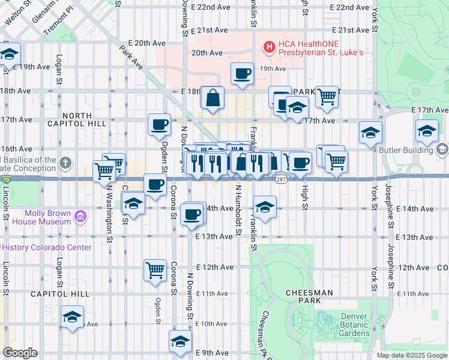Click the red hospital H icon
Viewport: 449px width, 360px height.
[x=270, y=46]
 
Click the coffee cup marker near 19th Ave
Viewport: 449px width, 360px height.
[x=243, y=74]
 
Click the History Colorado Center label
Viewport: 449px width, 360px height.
[x=48, y=247]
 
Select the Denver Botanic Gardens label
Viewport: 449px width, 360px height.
[x=355, y=325]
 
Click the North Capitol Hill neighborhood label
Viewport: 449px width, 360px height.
[x=85, y=119]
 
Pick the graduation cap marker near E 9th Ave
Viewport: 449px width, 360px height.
[x=180, y=341]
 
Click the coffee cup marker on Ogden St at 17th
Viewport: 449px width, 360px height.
[x=160, y=125]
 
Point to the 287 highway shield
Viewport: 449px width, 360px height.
[x=280, y=179]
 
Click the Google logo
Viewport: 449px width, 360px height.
[x=20, y=353]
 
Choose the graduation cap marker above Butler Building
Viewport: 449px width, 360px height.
[x=427, y=131]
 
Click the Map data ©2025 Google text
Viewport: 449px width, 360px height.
[x=411, y=355]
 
